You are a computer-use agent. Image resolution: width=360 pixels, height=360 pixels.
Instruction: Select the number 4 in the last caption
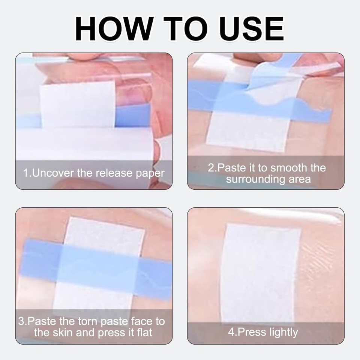click(x=231, y=332)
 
